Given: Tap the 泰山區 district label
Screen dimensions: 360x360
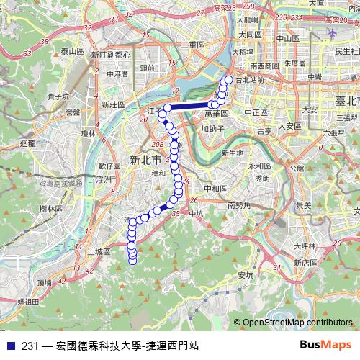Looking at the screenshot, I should pyautogui.click(x=73, y=51).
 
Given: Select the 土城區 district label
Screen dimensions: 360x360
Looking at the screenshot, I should pyautogui.click(x=97, y=252).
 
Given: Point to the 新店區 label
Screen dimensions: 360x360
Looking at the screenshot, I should pyautogui.click(x=306, y=263).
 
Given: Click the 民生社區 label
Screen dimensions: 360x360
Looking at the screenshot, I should pyautogui.click(x=346, y=51).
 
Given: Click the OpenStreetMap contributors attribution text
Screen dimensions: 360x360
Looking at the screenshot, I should pyautogui.click(x=297, y=322).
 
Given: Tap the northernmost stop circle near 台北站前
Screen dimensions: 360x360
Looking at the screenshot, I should pyautogui.click(x=229, y=80).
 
